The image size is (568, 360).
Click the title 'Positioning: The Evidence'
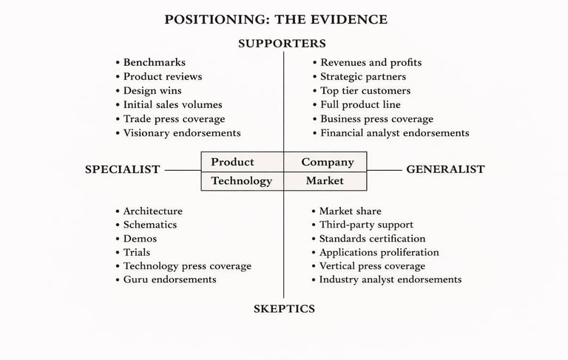pyautogui.click(x=276, y=19)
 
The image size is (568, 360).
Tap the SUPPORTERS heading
pyautogui.click(x=282, y=44)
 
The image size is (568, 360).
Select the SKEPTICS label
pyautogui.click(x=284, y=309)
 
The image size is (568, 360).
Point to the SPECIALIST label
pyautogui.click(x=122, y=169)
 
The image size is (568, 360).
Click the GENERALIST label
pyautogui.click(x=445, y=169)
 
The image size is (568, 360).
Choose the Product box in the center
pyautogui.click(x=232, y=162)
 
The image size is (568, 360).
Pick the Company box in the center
pyautogui.click(x=328, y=162)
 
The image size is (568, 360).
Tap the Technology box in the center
pyautogui.click(x=241, y=180)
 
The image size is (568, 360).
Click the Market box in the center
pyautogui.click(x=325, y=180)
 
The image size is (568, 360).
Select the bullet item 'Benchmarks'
pyautogui.click(x=154, y=63)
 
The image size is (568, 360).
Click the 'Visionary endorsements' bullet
pyautogui.click(x=181, y=133)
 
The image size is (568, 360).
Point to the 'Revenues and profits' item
pyautogui.click(x=371, y=63)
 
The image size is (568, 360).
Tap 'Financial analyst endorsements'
pyautogui.click(x=394, y=133)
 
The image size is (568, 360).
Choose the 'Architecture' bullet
pyautogui.click(x=152, y=211)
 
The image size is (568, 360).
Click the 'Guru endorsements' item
pyautogui.click(x=169, y=279)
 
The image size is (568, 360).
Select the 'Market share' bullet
pyautogui.click(x=350, y=211)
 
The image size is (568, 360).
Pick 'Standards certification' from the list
pyautogui.click(x=372, y=239)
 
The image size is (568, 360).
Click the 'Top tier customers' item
pyautogui.click(x=365, y=91)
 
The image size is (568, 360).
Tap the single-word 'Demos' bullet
pyautogui.click(x=140, y=239)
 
